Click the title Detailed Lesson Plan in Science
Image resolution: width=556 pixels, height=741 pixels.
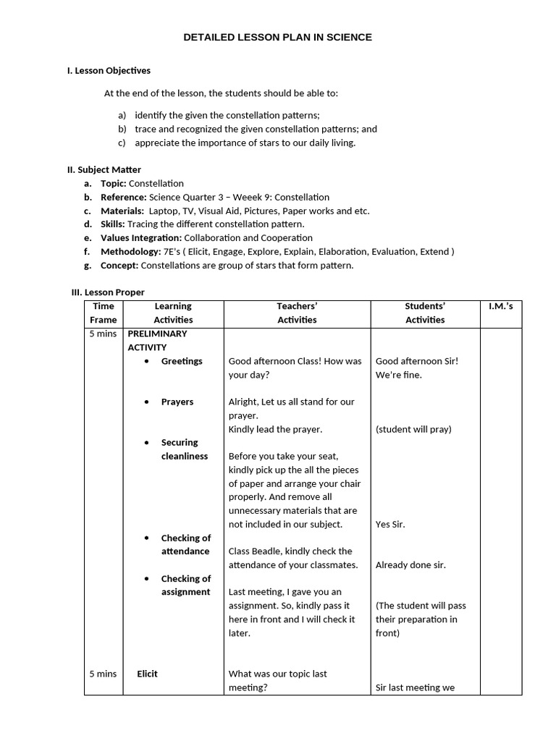(x=278, y=37)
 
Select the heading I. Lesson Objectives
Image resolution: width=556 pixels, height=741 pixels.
(x=109, y=70)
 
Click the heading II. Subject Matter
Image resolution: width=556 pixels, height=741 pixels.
(x=104, y=169)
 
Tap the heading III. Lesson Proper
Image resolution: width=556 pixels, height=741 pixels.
(x=108, y=292)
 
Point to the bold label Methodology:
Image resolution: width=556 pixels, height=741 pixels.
(x=131, y=252)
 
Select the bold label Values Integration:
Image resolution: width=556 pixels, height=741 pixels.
(x=141, y=238)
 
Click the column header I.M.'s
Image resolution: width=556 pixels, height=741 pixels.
(x=500, y=306)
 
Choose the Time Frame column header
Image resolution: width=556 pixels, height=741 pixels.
(x=103, y=313)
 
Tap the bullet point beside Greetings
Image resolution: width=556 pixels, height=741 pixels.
(x=147, y=361)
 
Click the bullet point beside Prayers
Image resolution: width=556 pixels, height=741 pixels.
(x=147, y=402)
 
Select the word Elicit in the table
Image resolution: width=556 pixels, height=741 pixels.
(x=147, y=674)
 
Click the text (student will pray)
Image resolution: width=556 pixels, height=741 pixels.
(x=413, y=429)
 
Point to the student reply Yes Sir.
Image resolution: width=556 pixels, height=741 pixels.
(x=390, y=525)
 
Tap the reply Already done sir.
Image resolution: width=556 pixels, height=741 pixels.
(x=410, y=565)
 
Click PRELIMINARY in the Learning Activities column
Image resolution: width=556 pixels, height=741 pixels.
(x=157, y=334)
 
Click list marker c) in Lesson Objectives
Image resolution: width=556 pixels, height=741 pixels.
(x=122, y=143)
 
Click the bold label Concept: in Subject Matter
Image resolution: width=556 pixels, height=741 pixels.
(x=119, y=266)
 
